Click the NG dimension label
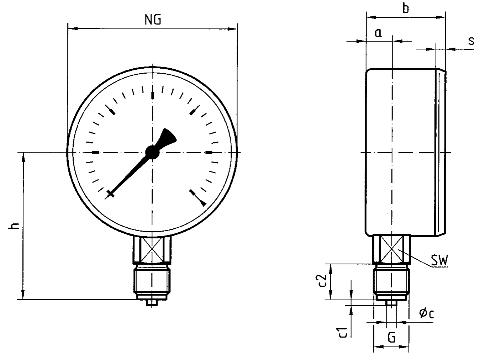153,20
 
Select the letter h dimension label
14,226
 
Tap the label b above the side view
406,8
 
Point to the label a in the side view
378,33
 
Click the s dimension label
471,41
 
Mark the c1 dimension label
344,332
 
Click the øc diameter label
427,313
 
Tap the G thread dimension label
392,338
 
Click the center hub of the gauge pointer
152,152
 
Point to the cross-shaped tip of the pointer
110,194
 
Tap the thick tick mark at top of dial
153,96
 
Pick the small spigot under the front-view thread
152,302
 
